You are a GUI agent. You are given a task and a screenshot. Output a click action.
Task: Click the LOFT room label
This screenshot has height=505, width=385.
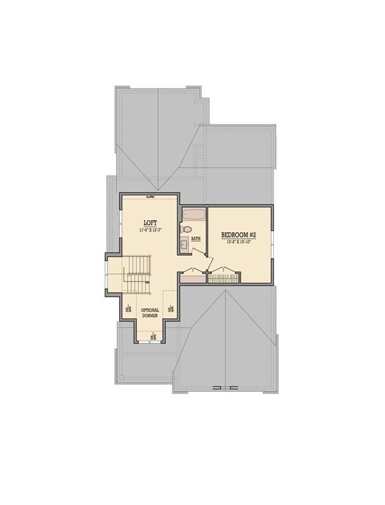(x=149, y=222)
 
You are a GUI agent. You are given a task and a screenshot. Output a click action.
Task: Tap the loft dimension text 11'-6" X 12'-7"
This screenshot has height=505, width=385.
(x=150, y=231)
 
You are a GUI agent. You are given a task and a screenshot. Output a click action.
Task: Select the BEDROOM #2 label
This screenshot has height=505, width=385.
(x=239, y=235)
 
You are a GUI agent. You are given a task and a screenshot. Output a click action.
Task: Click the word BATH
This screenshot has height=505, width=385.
(x=196, y=239)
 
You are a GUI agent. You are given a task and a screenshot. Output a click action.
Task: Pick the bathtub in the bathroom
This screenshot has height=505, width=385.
(x=193, y=215)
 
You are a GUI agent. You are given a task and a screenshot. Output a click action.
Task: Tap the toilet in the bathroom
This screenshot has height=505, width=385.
(x=187, y=229)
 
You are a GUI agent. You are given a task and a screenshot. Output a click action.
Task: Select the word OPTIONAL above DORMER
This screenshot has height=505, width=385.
(x=150, y=310)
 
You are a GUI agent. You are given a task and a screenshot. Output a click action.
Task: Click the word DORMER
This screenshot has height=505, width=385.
(x=150, y=316)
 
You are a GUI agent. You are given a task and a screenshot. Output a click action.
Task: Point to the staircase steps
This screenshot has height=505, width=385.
(x=139, y=266)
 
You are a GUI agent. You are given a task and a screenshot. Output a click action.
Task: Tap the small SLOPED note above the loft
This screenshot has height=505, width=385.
(x=149, y=197)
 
